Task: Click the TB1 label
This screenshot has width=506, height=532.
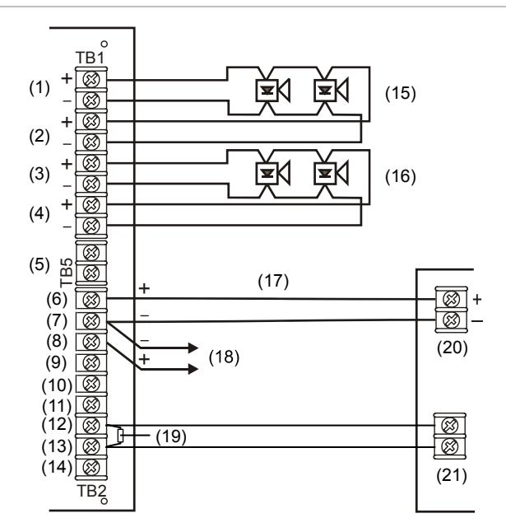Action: [90, 58]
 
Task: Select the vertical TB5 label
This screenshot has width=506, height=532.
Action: [67, 273]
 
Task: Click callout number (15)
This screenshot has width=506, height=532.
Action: [400, 92]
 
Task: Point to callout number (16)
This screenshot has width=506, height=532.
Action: [400, 176]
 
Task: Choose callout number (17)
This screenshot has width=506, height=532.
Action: [273, 282]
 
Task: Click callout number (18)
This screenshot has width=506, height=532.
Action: [224, 357]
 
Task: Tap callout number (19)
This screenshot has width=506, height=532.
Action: [171, 436]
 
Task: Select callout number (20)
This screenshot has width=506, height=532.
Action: [453, 348]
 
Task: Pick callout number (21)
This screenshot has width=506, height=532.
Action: [452, 475]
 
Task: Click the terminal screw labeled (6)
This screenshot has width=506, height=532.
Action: [91, 300]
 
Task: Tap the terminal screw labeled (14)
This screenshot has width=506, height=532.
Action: [91, 468]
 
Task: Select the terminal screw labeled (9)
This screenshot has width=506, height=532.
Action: [91, 363]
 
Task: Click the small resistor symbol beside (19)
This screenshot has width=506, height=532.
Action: [120, 436]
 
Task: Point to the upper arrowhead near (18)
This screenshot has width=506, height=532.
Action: [193, 348]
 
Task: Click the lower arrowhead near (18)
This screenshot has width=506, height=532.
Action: [193, 369]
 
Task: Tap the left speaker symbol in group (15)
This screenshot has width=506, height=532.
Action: [272, 91]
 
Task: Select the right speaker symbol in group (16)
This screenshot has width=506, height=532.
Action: [331, 174]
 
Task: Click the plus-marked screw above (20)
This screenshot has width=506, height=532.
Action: [452, 299]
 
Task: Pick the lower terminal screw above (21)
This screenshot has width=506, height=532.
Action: [450, 446]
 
